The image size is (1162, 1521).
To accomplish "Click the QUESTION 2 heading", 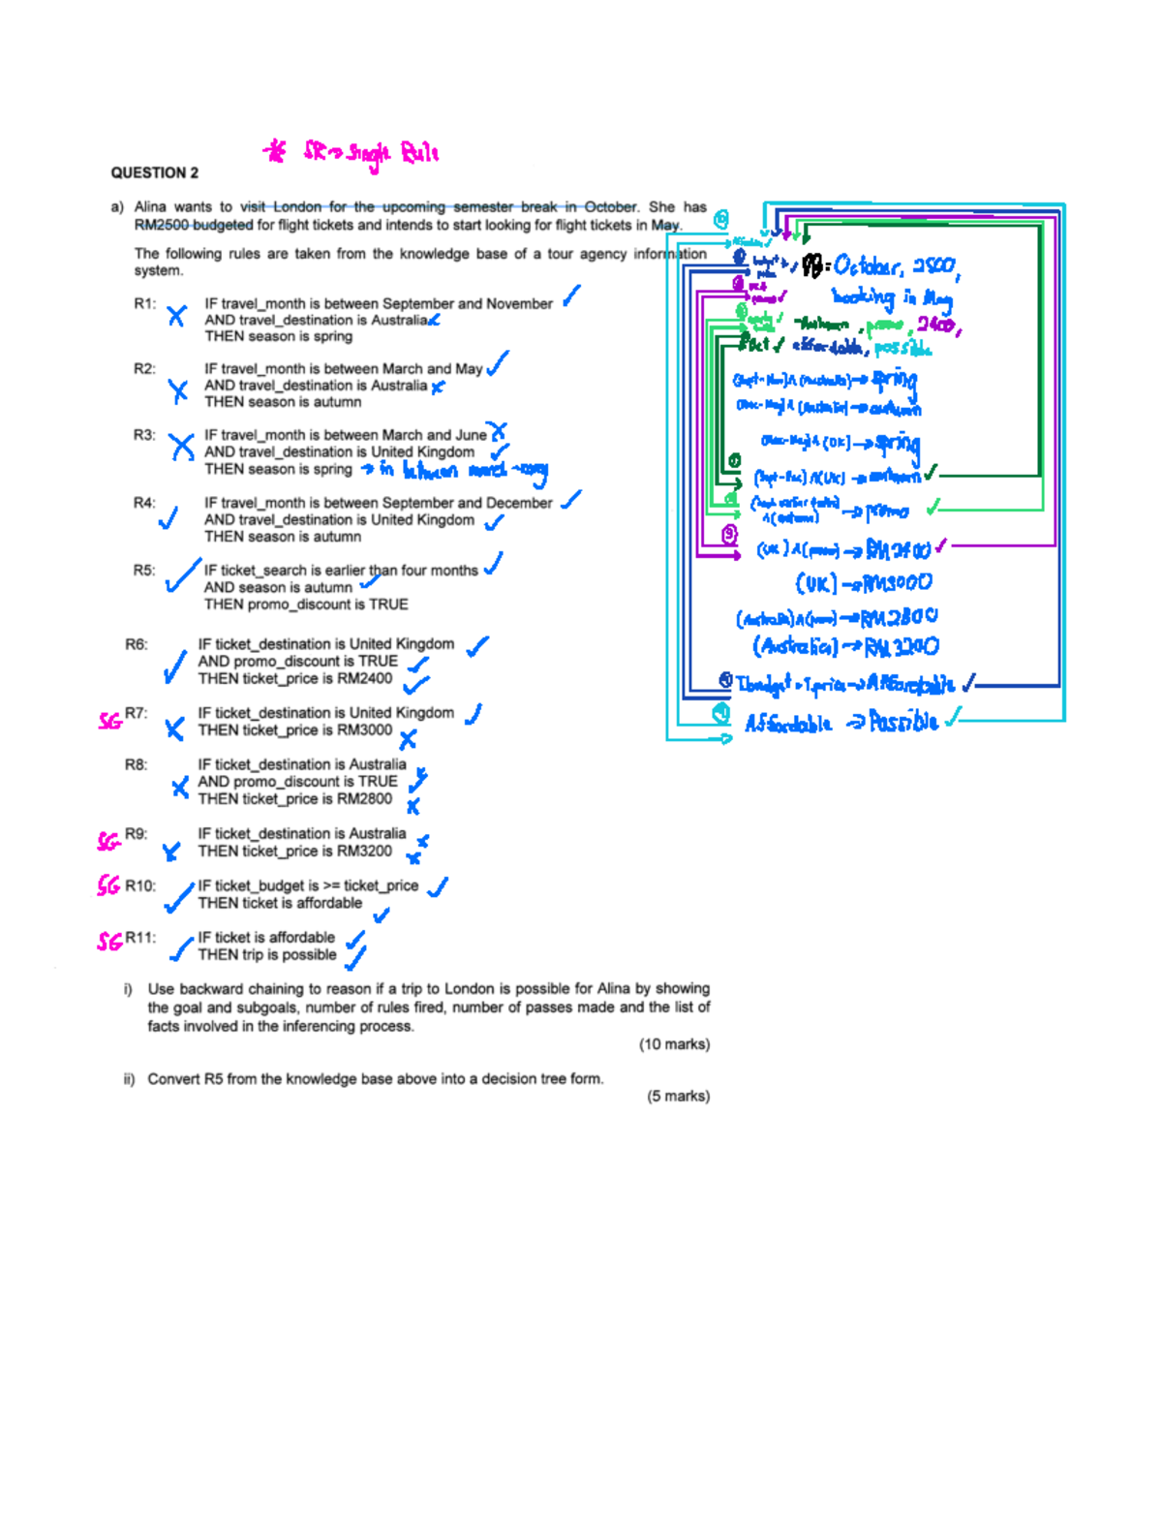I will pyautogui.click(x=154, y=172).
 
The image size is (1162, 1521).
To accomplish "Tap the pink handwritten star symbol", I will pyautogui.click(x=276, y=151).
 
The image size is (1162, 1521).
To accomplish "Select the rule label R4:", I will pyautogui.click(x=144, y=503).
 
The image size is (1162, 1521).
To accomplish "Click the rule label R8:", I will pyautogui.click(x=136, y=764).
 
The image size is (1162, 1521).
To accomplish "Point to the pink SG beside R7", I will pyautogui.click(x=110, y=720).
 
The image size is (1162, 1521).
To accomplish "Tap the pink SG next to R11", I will pyautogui.click(x=109, y=941).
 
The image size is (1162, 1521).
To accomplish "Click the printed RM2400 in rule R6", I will pyautogui.click(x=365, y=678).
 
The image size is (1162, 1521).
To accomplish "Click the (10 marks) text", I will pyautogui.click(x=674, y=1043).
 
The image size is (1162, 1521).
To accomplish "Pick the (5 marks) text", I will pyautogui.click(x=678, y=1096).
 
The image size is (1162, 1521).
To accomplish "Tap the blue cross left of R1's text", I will pyautogui.click(x=176, y=315).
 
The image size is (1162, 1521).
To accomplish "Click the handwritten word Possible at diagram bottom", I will pyautogui.click(x=903, y=722).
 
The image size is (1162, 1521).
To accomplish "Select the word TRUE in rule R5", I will pyautogui.click(x=388, y=604).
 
